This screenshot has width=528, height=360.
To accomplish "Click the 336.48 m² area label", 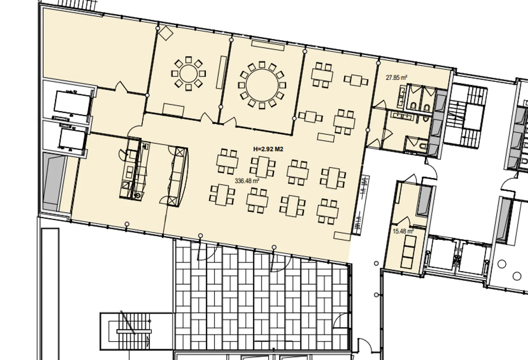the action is click(247, 181).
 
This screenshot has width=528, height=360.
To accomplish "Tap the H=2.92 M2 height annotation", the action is click(268, 149).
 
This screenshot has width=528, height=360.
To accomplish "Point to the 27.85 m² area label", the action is click(396, 77).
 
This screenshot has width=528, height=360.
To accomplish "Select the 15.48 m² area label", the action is click(403, 231).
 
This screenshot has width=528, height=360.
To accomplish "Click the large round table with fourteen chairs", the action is click(262, 85).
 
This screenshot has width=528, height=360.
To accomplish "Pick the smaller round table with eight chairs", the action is click(188, 74).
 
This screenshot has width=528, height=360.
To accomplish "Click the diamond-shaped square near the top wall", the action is click(166, 33).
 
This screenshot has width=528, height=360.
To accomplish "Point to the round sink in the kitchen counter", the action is click(137, 196).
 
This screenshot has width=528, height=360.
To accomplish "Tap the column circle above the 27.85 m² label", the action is click(378, 63).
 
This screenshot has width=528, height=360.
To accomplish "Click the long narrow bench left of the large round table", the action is click(221, 72).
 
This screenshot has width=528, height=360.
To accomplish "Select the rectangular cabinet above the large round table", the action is click(268, 46).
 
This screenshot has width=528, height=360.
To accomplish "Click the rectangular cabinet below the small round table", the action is click(173, 110).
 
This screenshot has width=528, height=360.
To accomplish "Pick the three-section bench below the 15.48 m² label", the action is click(408, 252).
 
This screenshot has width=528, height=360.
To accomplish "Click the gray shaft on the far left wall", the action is click(54, 182).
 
